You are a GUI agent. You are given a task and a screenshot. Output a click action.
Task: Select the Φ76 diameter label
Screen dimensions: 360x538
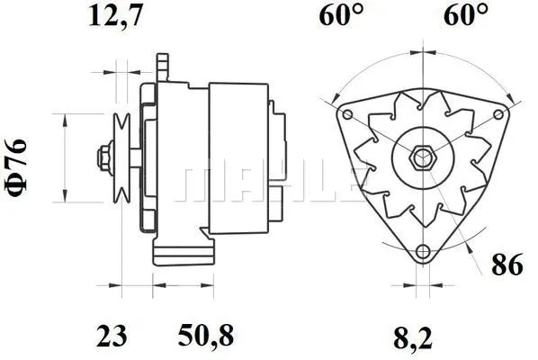click(19, 163)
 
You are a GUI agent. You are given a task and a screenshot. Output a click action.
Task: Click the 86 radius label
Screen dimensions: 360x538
click(507, 265)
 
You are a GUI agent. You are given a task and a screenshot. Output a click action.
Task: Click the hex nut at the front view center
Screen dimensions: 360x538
click(421, 159)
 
